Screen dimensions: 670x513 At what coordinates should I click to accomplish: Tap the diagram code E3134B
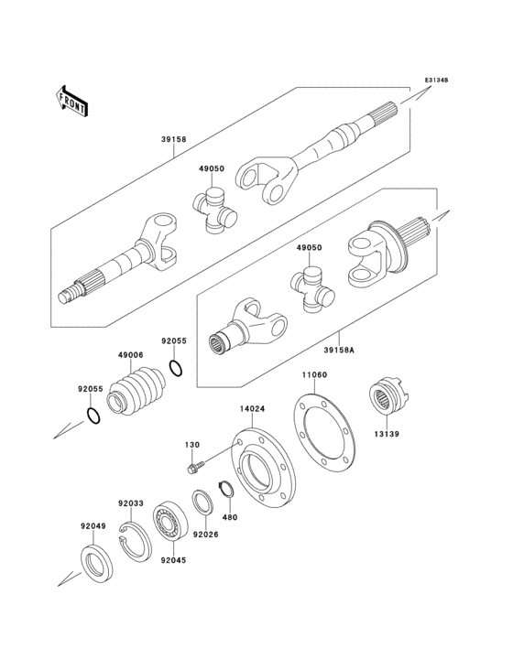[x=435, y=81]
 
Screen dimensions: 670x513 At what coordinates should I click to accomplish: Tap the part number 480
[x=228, y=516]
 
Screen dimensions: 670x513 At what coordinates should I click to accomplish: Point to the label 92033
[x=131, y=502]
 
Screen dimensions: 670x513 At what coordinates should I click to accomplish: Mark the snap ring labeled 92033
[x=136, y=546]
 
